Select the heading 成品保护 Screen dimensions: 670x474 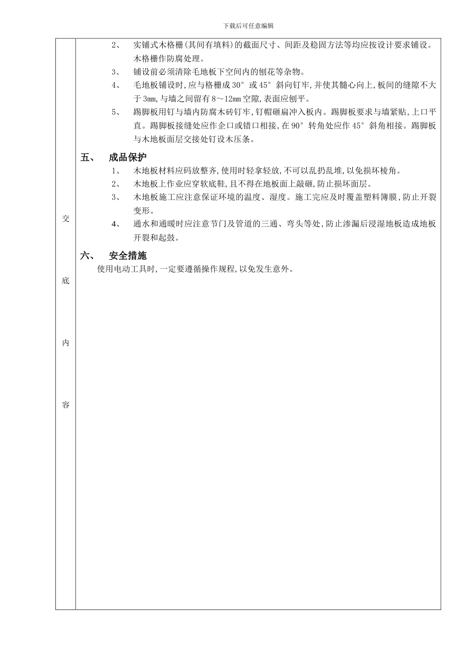[x=128, y=158]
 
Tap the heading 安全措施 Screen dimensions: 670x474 [x=128, y=256]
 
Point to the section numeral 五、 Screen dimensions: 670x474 [x=87, y=158]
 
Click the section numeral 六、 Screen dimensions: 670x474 [x=87, y=256]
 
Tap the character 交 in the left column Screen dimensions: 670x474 [x=65, y=219]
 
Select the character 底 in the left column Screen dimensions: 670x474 [x=65, y=281]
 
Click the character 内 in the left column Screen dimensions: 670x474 [x=65, y=343]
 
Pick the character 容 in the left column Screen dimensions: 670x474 [x=65, y=405]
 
